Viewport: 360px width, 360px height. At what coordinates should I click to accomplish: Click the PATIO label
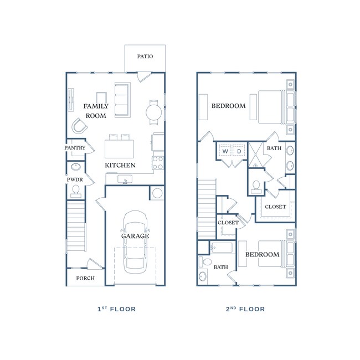[x=145, y=56]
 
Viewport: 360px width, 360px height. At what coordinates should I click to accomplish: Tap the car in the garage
[x=135, y=242]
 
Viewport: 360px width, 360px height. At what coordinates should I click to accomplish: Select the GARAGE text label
[x=135, y=236]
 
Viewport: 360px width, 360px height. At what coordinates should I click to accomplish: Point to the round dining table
[x=155, y=112]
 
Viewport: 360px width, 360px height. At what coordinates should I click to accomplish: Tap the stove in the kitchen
[x=158, y=163]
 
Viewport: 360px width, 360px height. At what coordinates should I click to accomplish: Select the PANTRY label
[x=75, y=148]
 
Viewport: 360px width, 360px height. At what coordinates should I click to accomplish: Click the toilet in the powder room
[x=75, y=191]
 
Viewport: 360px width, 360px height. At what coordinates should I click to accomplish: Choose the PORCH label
[x=85, y=278]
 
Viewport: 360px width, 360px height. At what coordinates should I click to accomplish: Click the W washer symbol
[x=225, y=151]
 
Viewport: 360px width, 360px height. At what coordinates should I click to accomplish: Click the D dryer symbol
[x=239, y=151]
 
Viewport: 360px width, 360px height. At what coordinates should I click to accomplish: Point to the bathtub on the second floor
[x=223, y=247]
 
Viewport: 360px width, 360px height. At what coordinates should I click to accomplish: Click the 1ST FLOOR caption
[x=116, y=309]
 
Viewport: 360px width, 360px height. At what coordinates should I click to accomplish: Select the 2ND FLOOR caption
[x=245, y=309]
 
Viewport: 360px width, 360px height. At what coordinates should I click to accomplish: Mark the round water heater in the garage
[x=157, y=193]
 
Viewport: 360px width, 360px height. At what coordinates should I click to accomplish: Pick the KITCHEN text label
[x=121, y=165]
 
